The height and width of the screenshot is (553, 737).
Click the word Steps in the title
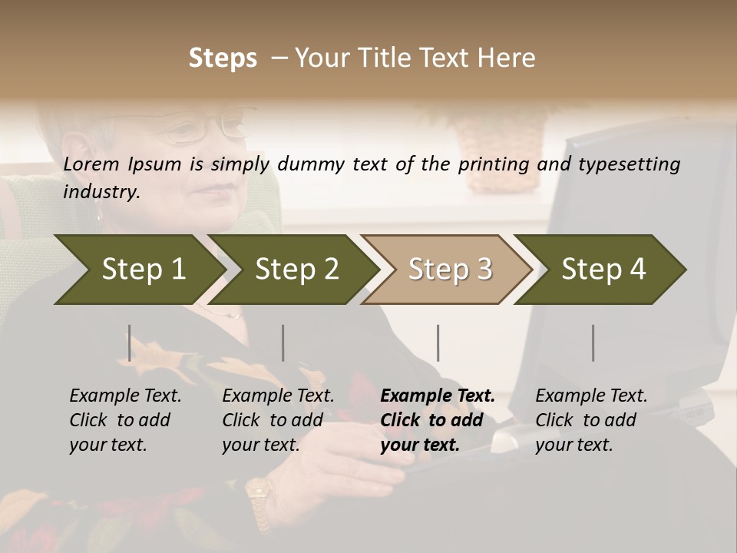point(223,58)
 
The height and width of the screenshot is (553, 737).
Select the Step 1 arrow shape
point(138,269)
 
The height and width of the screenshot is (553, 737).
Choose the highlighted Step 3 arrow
point(449,269)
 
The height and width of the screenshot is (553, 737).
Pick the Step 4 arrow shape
point(603,269)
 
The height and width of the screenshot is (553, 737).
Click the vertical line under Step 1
point(130,343)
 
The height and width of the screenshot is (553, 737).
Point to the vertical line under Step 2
point(283,343)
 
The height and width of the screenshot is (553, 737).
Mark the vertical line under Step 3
point(438,343)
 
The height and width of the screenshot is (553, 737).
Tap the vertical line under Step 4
point(593,343)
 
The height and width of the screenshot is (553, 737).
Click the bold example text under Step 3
point(437,420)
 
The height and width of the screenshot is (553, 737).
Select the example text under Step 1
point(125,420)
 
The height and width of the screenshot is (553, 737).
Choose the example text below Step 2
point(278,420)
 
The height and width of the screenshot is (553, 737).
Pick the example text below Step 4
point(591,420)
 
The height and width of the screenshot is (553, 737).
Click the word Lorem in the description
point(91,164)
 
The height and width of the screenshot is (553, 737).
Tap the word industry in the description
point(101,192)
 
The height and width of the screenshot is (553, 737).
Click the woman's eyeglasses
point(203,127)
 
